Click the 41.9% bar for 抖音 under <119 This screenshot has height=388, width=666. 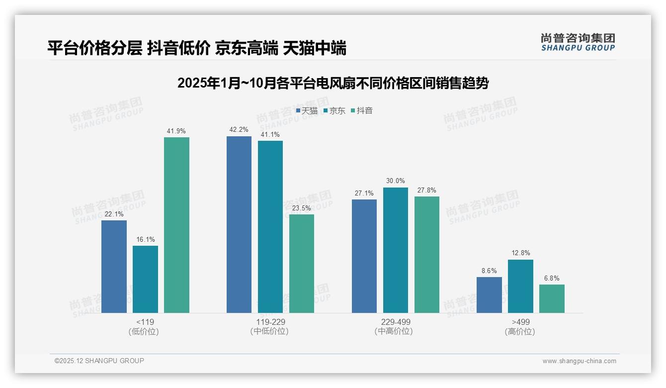pos(176,225)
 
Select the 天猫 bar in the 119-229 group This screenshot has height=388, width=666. pos(239,224)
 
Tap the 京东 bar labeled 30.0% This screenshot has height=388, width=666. pos(395,250)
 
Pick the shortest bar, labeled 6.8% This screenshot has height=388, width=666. pos(552,298)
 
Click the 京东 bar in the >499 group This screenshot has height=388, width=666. pos(520,286)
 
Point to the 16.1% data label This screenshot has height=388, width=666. pos(145,240)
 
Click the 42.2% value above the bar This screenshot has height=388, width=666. pos(239,130)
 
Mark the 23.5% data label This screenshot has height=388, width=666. pos(302,208)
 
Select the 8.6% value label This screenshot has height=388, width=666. pos(489,271)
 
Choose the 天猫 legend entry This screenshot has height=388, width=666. pos(307,110)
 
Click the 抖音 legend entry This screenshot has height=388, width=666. pos(362,110)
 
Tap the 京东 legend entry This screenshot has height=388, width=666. pos(334,110)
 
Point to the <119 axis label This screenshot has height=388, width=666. pos(145,322)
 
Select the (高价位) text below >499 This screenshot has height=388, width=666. pos(520,331)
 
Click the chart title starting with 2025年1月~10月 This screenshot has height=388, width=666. pos(333,83)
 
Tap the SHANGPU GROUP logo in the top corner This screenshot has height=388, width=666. pos(578,42)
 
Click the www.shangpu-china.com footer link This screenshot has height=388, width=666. pos(579,361)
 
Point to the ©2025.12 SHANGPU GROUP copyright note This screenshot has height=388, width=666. pos(99,361)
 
